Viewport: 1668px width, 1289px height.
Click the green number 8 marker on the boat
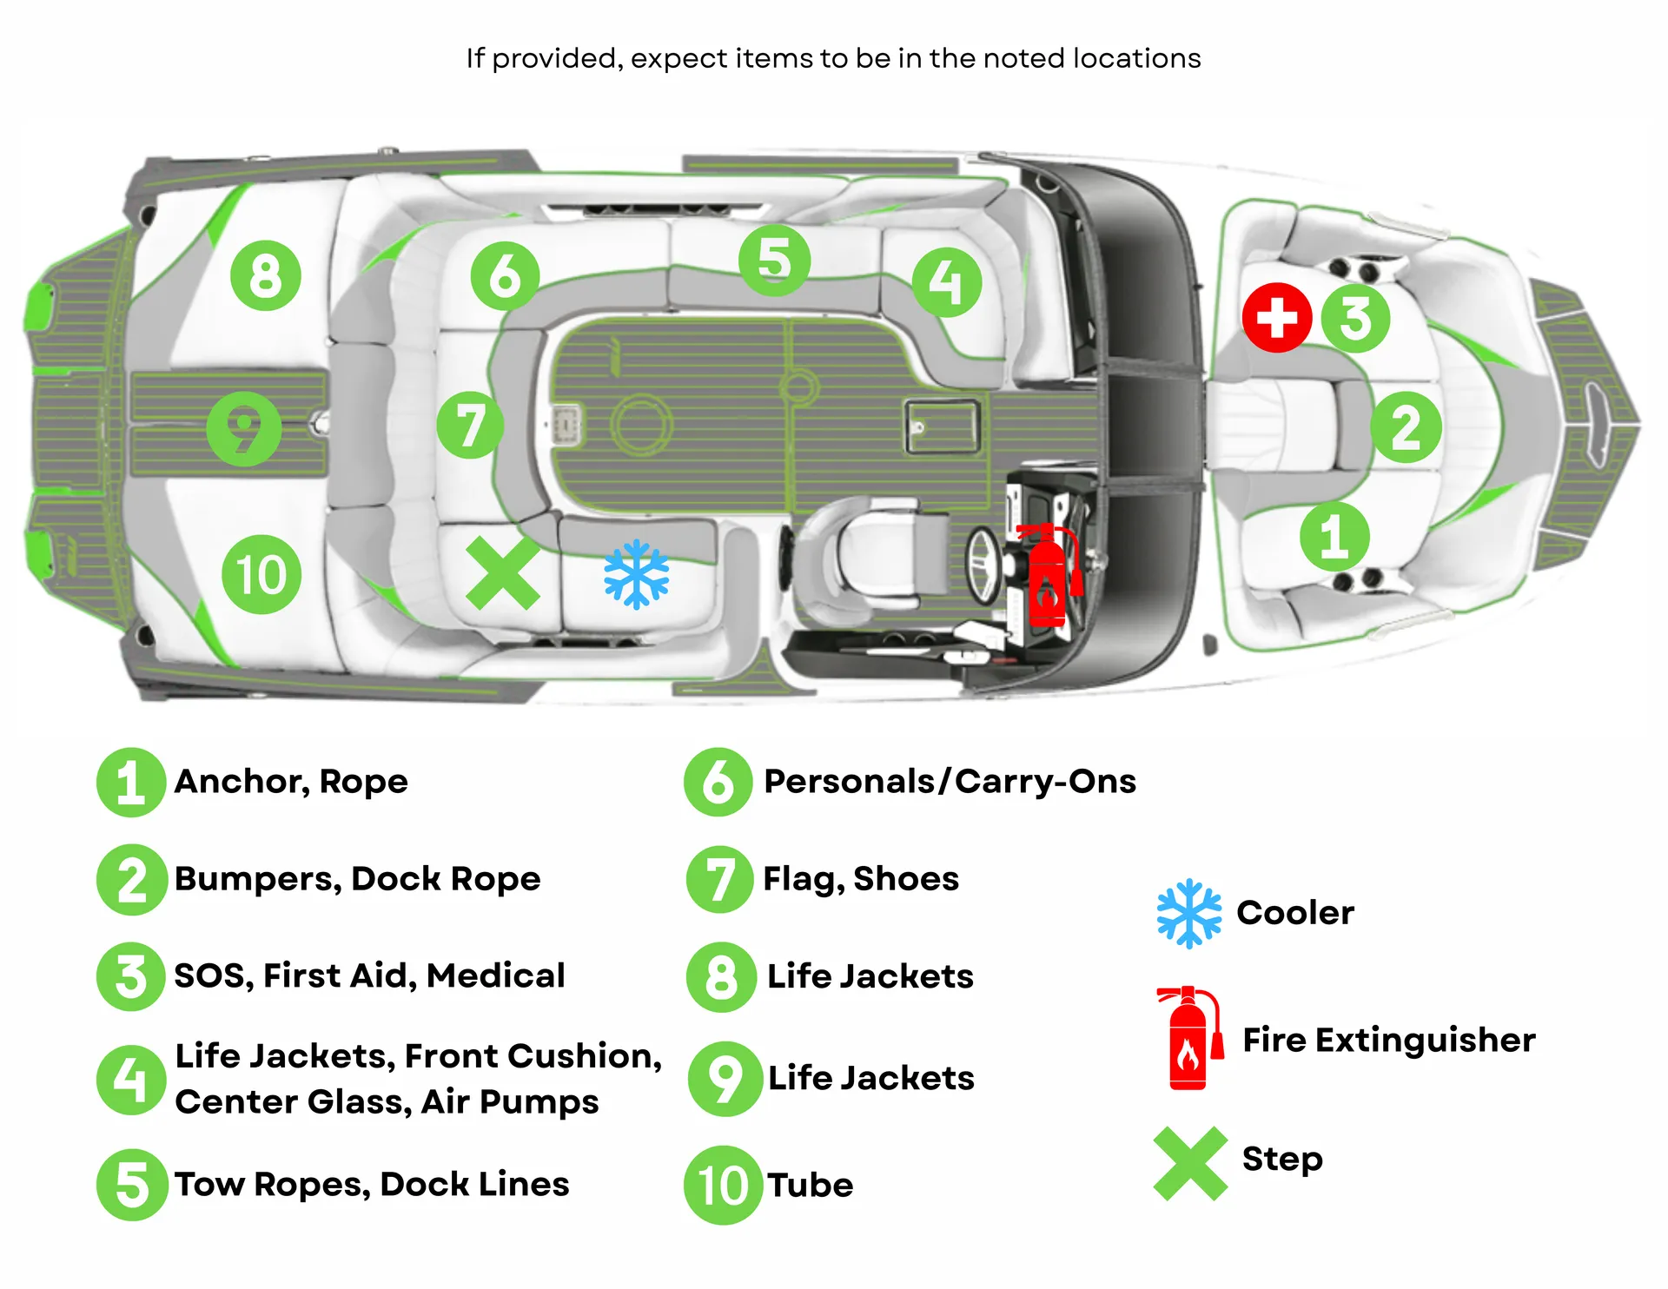(x=266, y=276)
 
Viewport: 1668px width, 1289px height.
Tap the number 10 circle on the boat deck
(x=261, y=574)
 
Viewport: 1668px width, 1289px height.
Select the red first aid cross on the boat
(x=1276, y=317)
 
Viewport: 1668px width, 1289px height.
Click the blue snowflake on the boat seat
(x=637, y=574)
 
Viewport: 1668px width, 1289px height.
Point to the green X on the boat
(x=503, y=572)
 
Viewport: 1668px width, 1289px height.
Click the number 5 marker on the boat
(x=774, y=260)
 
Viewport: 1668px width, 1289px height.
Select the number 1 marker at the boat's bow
(x=1334, y=536)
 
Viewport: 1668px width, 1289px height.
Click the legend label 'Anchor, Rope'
(x=291, y=781)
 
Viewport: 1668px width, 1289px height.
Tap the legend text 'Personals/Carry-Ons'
(x=950, y=781)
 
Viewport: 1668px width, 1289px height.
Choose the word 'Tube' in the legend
(x=810, y=1185)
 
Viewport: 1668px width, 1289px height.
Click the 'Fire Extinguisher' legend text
(x=1388, y=1040)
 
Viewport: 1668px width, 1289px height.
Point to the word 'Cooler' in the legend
(x=1294, y=912)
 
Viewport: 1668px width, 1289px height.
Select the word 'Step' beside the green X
(x=1282, y=1159)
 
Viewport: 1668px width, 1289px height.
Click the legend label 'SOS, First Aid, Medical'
(x=369, y=975)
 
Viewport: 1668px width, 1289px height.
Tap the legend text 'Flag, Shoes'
(x=860, y=878)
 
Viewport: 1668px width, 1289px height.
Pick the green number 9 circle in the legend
(x=725, y=1078)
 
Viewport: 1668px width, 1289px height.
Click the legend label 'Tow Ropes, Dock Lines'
(x=372, y=1184)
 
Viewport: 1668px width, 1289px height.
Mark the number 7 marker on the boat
(x=470, y=425)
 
